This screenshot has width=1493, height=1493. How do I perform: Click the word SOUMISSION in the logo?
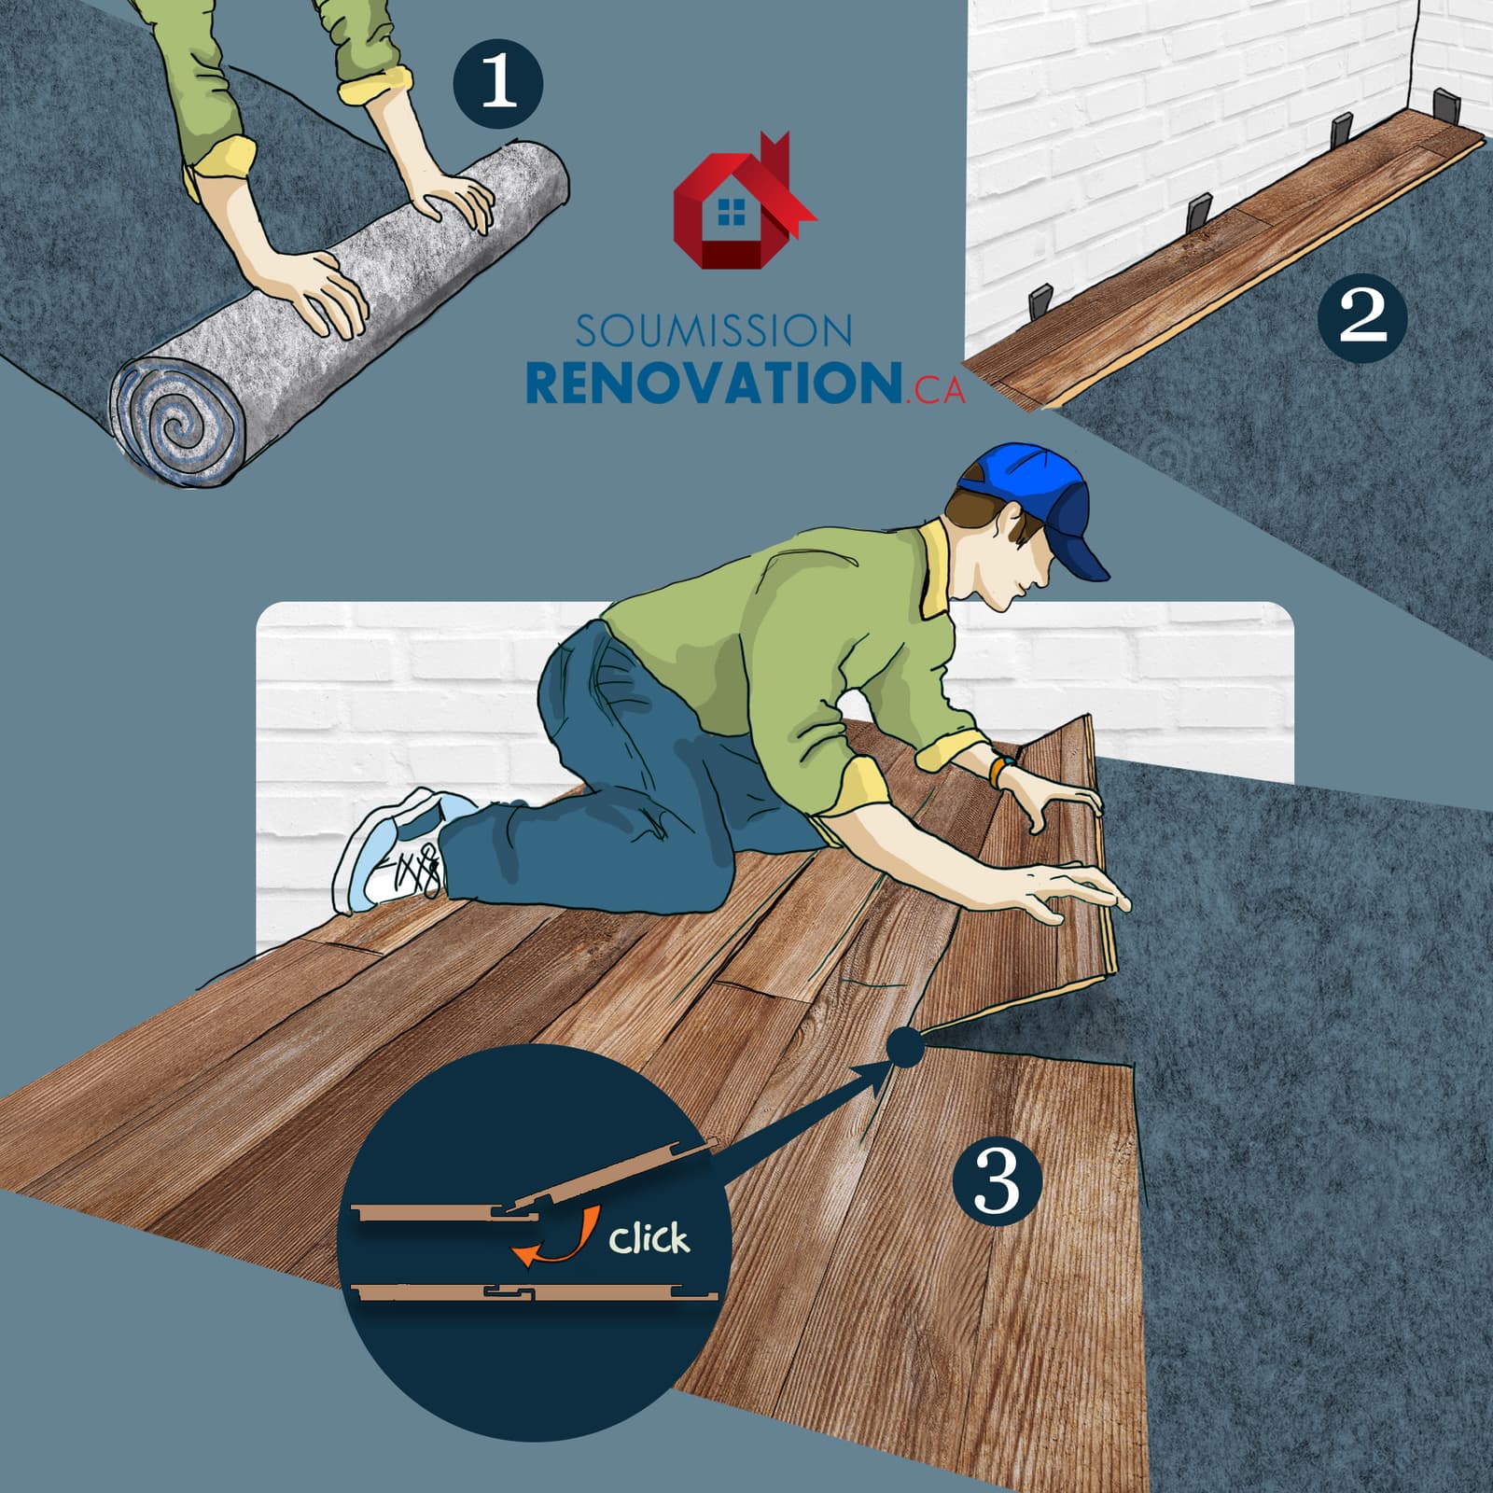pyautogui.click(x=714, y=331)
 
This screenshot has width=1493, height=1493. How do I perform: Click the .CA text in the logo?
pyautogui.click(x=935, y=391)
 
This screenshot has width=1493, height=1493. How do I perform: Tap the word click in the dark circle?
pyautogui.click(x=649, y=1238)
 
